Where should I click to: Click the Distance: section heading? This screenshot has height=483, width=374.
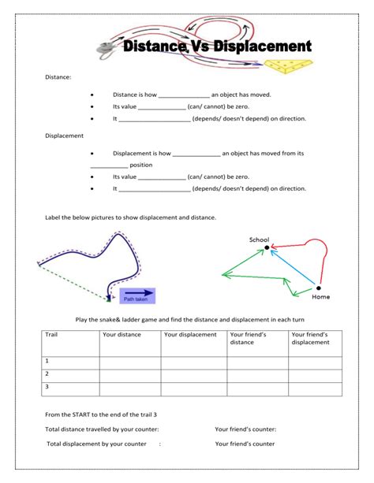click(59, 77)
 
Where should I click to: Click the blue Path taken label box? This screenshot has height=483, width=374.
click(137, 295)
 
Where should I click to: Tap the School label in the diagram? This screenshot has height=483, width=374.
click(259, 240)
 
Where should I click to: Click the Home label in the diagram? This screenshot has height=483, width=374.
click(320, 297)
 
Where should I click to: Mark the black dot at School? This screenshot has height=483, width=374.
click(267, 247)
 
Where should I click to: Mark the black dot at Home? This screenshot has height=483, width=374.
click(320, 288)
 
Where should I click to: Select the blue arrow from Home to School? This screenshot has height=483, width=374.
click(293, 267)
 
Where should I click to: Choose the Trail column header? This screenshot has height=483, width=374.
click(52, 334)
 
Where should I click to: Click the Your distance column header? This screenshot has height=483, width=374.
click(121, 334)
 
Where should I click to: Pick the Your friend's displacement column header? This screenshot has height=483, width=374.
click(310, 338)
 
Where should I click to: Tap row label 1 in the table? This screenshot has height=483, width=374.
click(47, 361)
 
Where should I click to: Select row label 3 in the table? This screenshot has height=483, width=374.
click(47, 387)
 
